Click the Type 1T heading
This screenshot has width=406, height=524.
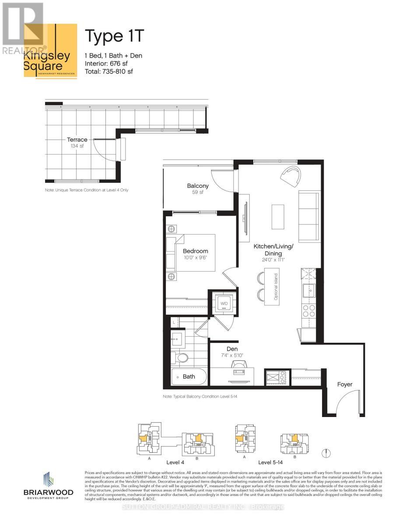pos(114,36)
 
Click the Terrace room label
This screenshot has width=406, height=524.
pos(77,140)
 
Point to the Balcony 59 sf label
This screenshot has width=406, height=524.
pos(198,189)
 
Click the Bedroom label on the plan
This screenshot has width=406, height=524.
pos(195,251)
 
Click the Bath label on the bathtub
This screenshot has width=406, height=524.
pos(189,376)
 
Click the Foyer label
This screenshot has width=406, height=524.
pos(344,384)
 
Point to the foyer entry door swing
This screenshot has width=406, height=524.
pos(345,403)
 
